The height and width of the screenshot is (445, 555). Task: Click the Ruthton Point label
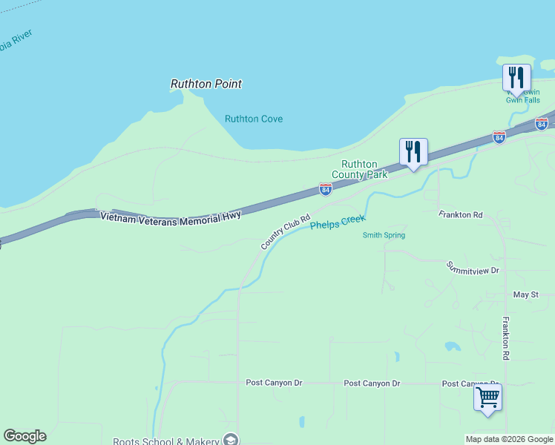(x=206, y=84)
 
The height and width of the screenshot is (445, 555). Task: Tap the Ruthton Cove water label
(x=254, y=119)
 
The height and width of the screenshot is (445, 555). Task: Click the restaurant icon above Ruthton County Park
(x=413, y=151)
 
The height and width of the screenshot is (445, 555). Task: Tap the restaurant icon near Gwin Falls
(x=516, y=77)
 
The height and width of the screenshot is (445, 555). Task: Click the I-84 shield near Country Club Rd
(x=325, y=189)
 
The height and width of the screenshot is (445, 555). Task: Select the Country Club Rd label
(x=285, y=232)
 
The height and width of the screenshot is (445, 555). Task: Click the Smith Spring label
(x=384, y=235)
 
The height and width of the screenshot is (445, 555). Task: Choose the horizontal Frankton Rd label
(x=460, y=214)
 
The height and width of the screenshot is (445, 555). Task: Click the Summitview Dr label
(x=473, y=268)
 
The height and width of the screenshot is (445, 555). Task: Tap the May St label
(x=525, y=294)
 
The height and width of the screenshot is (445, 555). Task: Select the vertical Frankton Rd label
(x=505, y=338)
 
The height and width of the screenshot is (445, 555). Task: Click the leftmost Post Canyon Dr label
(x=274, y=383)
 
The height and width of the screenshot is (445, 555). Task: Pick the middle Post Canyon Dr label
(x=372, y=383)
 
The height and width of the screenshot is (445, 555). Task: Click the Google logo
(x=24, y=436)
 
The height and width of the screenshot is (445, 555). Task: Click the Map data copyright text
(x=509, y=439)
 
